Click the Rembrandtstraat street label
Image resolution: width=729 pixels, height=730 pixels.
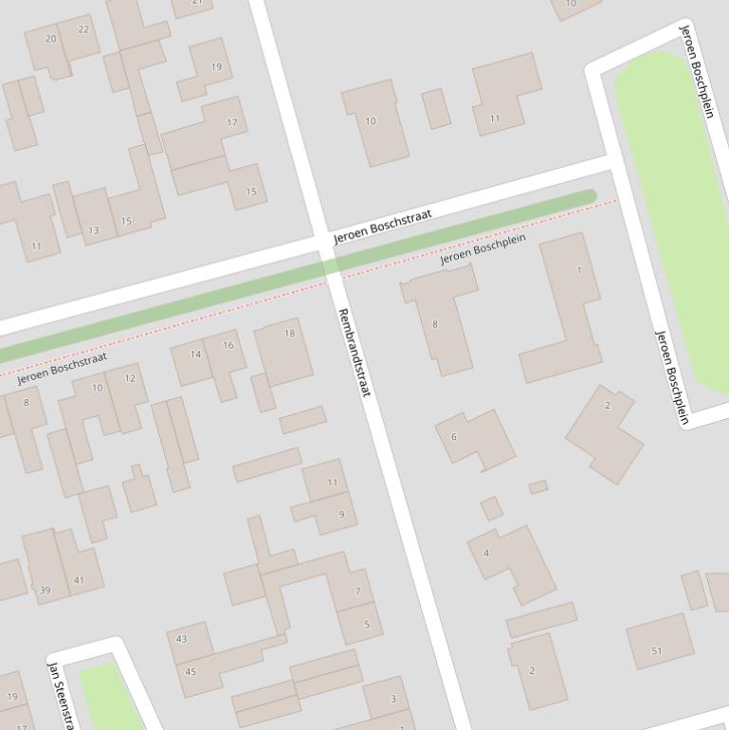[x=354, y=352]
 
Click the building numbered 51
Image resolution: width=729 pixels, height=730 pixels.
[x=659, y=643]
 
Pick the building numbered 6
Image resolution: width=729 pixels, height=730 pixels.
[x=474, y=438]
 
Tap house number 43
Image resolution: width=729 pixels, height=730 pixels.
[x=188, y=642]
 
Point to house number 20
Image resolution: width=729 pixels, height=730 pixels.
[x=48, y=45]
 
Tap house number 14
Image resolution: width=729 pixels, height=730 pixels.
[x=193, y=361]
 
